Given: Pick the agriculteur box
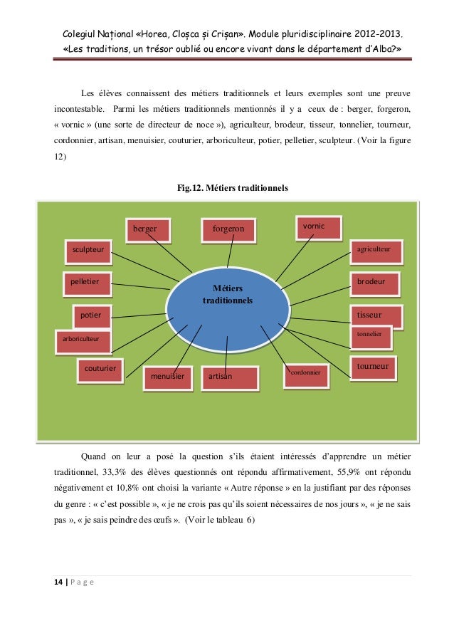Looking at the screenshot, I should pyautogui.click(x=376, y=251).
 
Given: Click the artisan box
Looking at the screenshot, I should pyautogui.click(x=227, y=377).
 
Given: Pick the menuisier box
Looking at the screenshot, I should pyautogui.click(x=168, y=377).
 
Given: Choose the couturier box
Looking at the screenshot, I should pyautogui.click(x=100, y=369).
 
